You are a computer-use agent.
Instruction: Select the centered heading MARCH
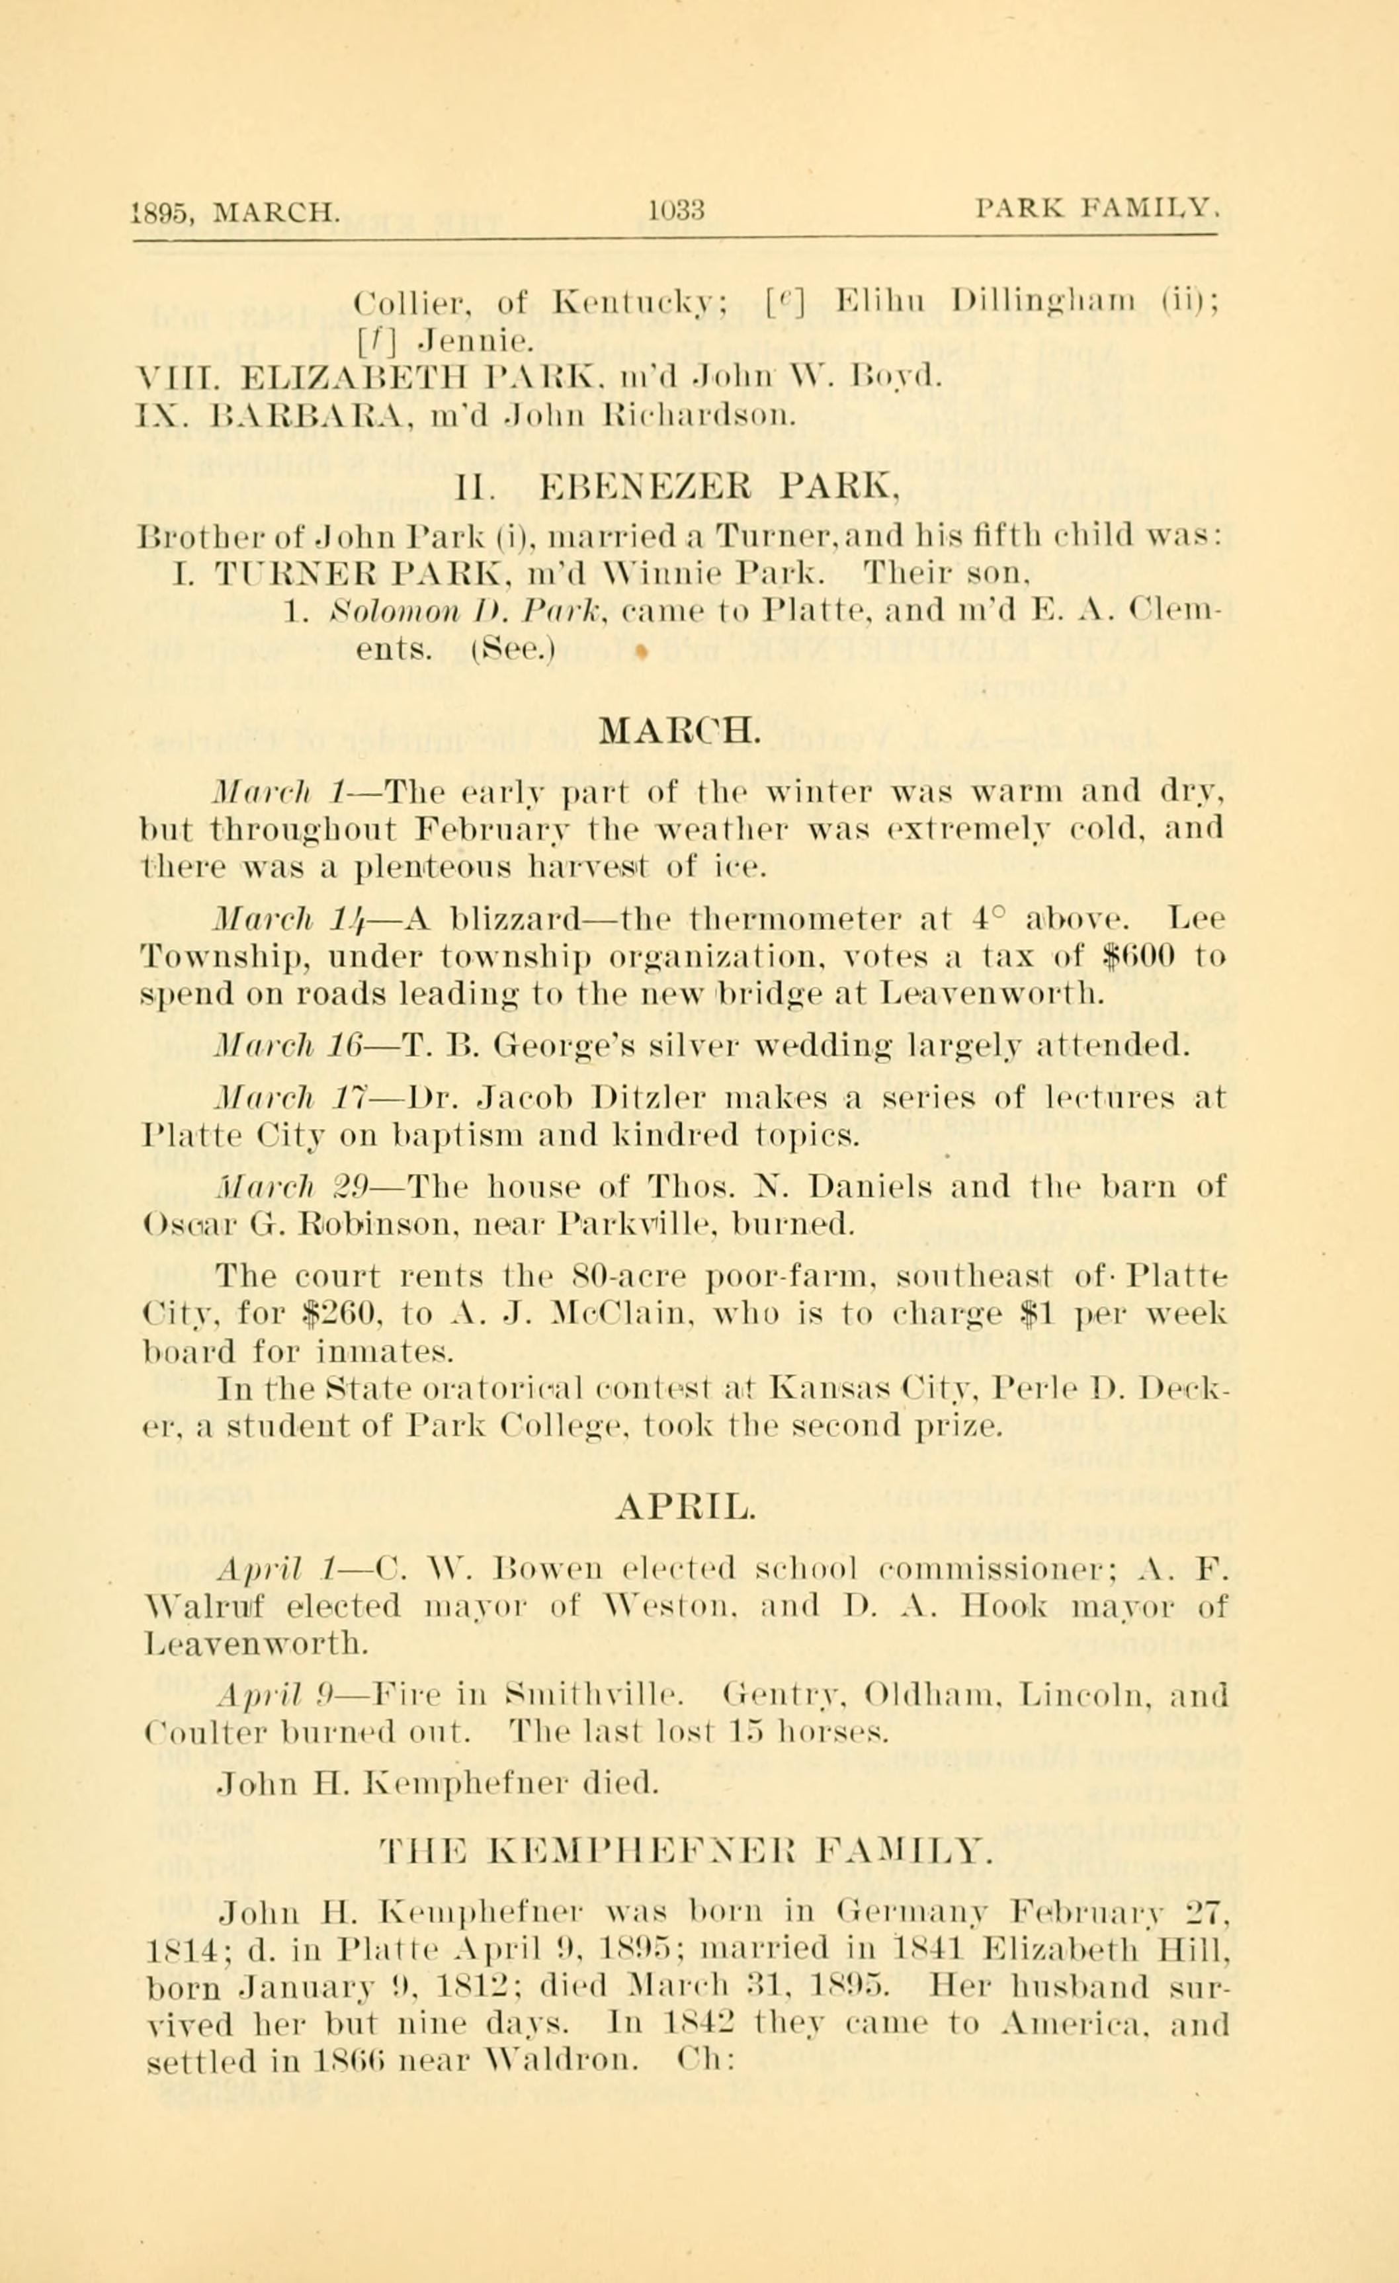coord(681,730)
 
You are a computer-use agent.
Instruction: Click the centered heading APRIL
coord(685,1509)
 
